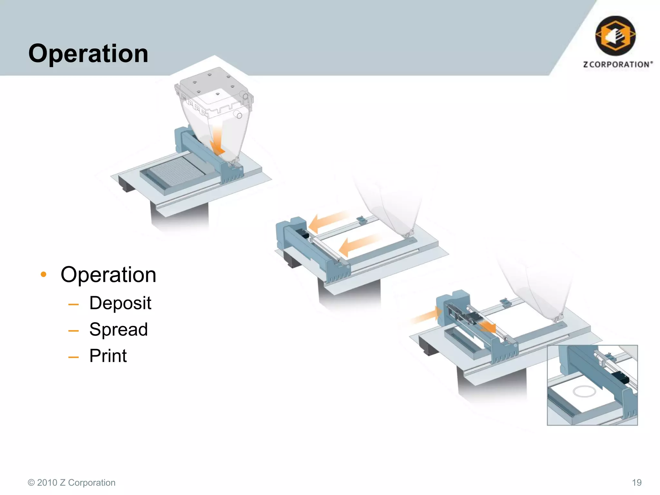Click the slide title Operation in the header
click(x=88, y=53)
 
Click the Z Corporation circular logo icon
click(x=615, y=36)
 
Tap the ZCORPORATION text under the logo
click(x=618, y=64)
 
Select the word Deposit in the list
click(x=120, y=303)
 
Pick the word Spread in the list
click(x=119, y=330)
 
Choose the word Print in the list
click(x=108, y=356)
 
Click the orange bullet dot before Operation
click(x=44, y=275)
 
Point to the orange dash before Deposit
click(x=73, y=304)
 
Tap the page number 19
click(x=636, y=482)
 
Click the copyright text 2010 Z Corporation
click(x=72, y=482)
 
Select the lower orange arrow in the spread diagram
click(x=358, y=245)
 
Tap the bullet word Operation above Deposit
click(x=108, y=275)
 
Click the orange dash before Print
click(x=73, y=357)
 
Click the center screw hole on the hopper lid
click(x=218, y=94)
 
